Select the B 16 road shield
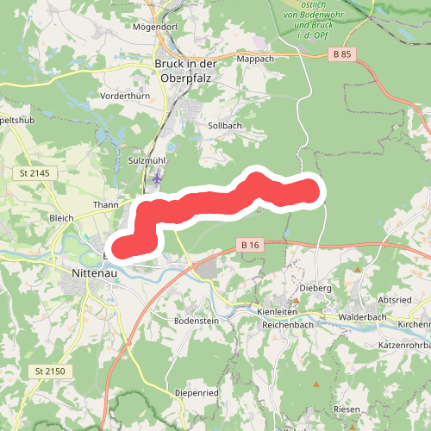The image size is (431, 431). tap(250, 246)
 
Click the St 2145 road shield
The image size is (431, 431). tap(34, 173)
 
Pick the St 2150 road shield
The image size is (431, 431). tap(50, 371)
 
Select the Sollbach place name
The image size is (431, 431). tap(225, 126)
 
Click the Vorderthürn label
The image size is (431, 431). tap(126, 96)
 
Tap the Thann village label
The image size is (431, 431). tap(105, 205)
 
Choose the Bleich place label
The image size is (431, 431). tap(62, 218)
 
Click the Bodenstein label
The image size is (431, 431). tap(196, 320)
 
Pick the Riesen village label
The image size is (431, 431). tap(347, 409)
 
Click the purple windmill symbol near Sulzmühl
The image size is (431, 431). tap(157, 178)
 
